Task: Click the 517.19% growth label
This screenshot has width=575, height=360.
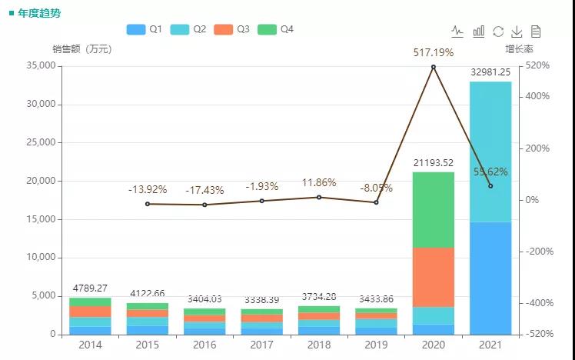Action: pos(433,53)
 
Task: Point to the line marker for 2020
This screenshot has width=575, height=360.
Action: pos(434,67)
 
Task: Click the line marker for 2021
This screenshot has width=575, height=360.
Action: pos(490,185)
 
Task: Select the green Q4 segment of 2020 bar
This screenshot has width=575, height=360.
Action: pos(434,209)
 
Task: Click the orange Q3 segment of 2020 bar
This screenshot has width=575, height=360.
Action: pos(434,277)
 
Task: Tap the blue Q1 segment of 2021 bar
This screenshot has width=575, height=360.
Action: pos(490,278)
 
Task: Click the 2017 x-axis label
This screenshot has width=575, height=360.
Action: pos(262,345)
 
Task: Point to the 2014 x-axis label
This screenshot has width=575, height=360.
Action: pos(90,345)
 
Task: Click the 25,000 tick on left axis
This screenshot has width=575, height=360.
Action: pos(39,142)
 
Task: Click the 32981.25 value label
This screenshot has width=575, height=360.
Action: pos(490,72)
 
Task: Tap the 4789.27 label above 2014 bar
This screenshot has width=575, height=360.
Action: pos(90,288)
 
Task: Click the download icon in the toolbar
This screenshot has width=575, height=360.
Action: pos(517,32)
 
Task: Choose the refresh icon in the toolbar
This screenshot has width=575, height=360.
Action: pos(498,32)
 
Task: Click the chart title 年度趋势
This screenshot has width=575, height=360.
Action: pos(38,13)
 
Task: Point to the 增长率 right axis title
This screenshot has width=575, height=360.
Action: pos(520,49)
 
